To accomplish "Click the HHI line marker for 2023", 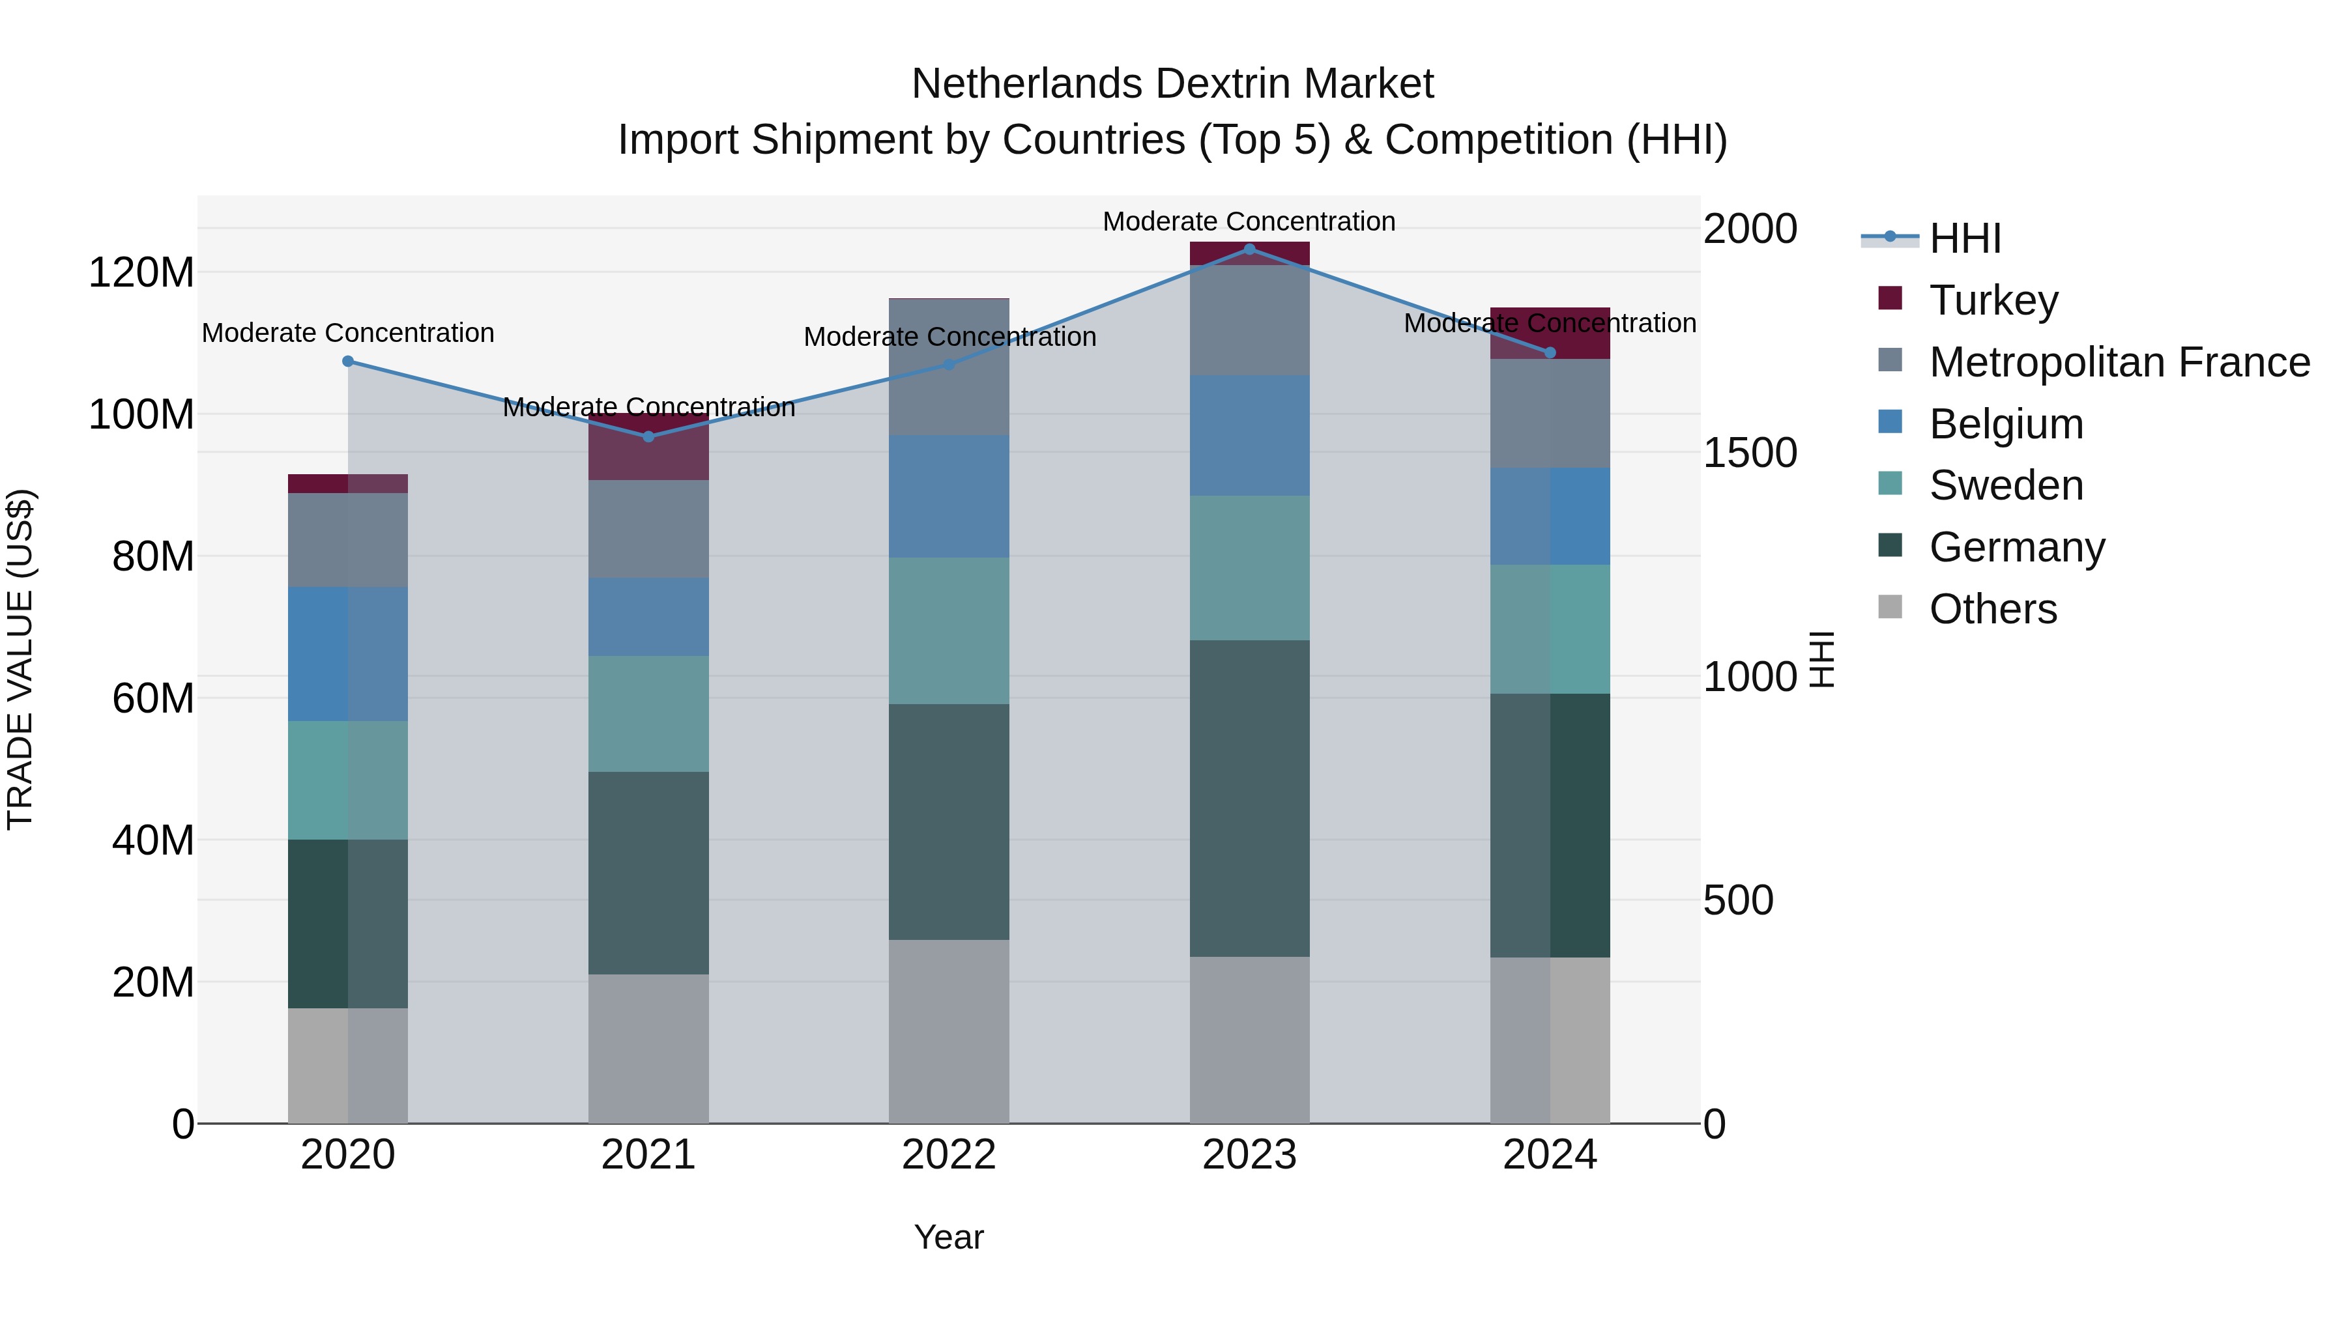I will coord(1249,249).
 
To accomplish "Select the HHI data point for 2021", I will coord(648,437).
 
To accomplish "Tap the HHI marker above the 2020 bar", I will coord(348,362).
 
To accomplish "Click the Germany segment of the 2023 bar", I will coord(1249,799).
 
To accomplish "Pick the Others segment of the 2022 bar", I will coord(949,1031).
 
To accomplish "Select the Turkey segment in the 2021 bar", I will coord(648,447).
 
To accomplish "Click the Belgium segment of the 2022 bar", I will coord(949,496).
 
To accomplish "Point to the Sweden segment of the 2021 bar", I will coord(648,714).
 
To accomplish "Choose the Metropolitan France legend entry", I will coord(2119,362).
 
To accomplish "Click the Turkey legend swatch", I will coord(1890,298).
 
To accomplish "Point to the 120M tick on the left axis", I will coord(141,272).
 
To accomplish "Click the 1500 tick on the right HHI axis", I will coord(1750,453).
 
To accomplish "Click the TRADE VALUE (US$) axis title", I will coord(21,659).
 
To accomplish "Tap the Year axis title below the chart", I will coord(948,1237).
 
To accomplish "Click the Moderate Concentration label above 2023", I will coord(1249,221).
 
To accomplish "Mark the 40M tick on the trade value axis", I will coord(152,840).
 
